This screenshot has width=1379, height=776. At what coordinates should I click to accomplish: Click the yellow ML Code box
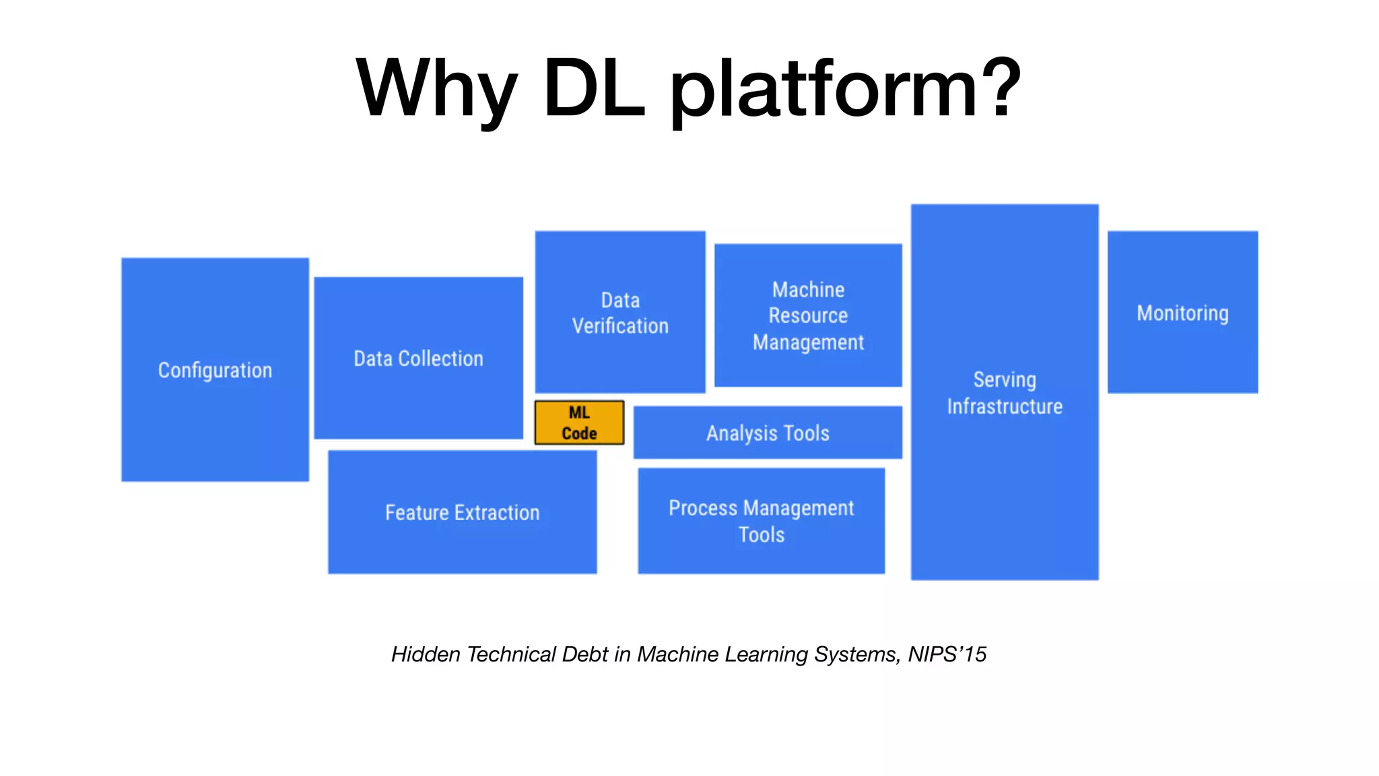579,423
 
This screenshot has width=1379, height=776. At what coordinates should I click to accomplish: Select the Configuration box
215,370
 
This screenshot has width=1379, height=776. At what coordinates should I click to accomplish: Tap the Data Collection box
418,358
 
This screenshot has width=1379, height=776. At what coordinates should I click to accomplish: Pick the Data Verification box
620,312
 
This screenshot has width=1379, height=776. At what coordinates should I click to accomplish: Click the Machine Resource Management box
808,315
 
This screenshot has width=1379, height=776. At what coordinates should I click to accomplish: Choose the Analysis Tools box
768,432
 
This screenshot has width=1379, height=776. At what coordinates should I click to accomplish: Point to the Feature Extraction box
462,513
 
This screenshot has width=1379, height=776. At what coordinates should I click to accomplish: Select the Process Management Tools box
761,521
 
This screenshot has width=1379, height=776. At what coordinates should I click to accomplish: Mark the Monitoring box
1182,313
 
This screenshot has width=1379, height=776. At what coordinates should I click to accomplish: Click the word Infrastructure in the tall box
1005,406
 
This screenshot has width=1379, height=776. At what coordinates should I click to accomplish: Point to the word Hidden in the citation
426,654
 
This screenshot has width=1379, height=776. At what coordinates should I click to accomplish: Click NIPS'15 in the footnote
947,654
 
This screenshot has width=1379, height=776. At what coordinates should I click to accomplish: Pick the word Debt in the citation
584,654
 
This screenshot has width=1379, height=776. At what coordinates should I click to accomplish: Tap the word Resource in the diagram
808,315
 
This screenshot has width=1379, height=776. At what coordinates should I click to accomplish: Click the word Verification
620,326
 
